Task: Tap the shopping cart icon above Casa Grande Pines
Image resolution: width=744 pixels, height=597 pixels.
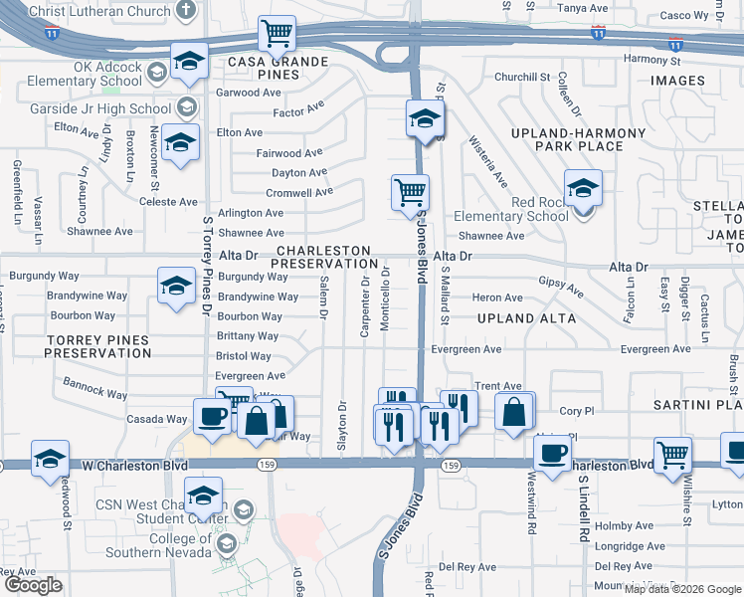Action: [x=278, y=32]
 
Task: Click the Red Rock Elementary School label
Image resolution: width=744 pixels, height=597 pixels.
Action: [x=511, y=209]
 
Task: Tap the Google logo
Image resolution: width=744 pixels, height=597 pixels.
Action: [x=33, y=585]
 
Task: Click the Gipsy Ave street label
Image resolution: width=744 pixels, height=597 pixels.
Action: [x=561, y=286]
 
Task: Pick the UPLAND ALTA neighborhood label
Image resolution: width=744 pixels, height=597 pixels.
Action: [x=526, y=318]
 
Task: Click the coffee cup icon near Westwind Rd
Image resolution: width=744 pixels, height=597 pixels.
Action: [x=552, y=452]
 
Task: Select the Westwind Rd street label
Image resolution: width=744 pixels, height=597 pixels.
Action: [x=531, y=513]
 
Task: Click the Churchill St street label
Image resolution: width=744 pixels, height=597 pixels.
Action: [x=522, y=77]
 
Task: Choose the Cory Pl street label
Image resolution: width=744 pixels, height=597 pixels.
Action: [x=576, y=410]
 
